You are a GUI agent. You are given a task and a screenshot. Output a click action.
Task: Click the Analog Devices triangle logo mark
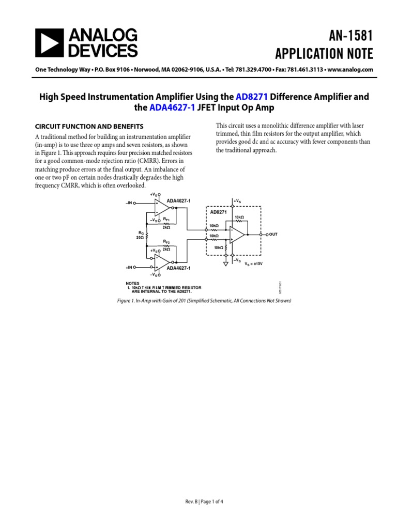pyautogui.click(x=49, y=42)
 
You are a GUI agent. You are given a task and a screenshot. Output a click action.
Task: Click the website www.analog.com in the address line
pyautogui.click(x=350, y=70)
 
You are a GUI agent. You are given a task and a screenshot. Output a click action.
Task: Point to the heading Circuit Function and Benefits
pyautogui.click(x=89, y=126)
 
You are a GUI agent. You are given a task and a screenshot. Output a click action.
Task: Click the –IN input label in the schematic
pyautogui.click(x=128, y=203)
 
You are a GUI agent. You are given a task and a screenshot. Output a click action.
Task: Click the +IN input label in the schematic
pyautogui.click(x=128, y=268)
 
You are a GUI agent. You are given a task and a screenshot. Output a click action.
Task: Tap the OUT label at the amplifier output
pyautogui.click(x=273, y=234)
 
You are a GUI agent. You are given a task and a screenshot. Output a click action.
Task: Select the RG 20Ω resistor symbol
pyautogui.click(x=147, y=236)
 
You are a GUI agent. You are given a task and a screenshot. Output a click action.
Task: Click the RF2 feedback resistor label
pyautogui.click(x=166, y=242)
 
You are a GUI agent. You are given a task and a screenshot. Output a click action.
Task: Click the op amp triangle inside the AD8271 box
pyautogui.click(x=238, y=235)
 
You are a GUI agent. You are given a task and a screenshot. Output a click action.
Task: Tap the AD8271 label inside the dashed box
pyautogui.click(x=218, y=212)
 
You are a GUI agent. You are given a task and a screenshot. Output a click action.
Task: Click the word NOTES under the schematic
pyautogui.click(x=133, y=283)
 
